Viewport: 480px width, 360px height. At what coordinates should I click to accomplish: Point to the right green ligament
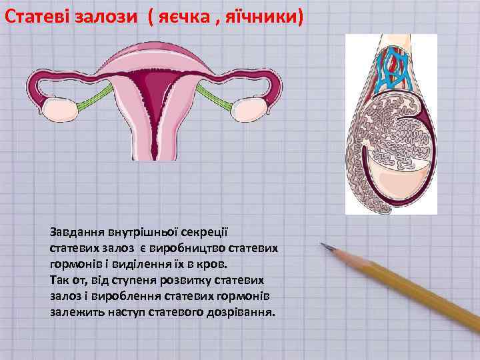coord(217,101)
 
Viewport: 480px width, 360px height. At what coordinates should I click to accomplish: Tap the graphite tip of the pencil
coord(324,245)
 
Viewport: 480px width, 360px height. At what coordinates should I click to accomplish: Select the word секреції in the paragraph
coord(207,232)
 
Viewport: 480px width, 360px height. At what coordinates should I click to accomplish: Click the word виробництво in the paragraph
coord(188,247)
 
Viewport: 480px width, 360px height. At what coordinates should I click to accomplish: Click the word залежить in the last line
coord(75,311)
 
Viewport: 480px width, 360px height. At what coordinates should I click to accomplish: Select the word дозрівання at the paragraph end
coord(243,311)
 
